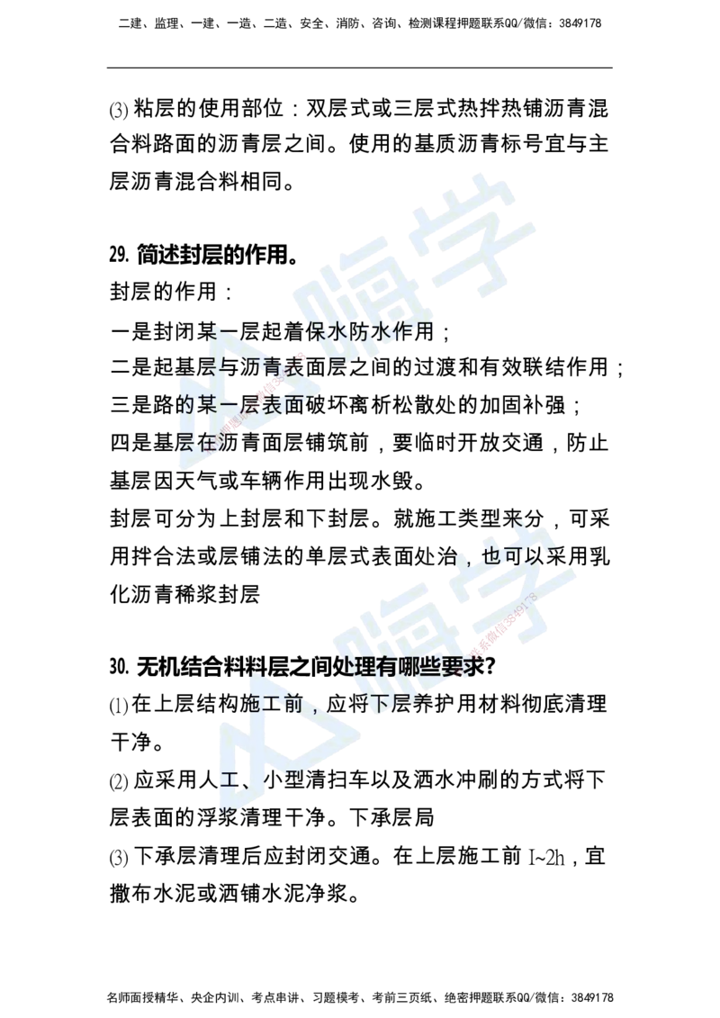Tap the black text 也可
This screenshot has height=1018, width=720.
506,556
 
